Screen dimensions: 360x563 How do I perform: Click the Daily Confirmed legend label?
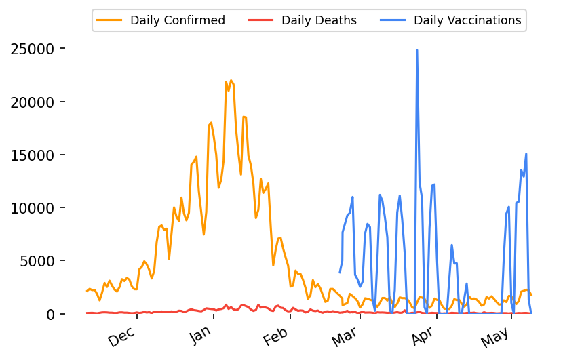pos(178,20)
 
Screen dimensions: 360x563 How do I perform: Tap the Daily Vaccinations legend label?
pos(467,20)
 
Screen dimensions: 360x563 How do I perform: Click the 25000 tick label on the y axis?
pos(37,49)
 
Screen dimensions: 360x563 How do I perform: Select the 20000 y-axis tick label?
pos(37,102)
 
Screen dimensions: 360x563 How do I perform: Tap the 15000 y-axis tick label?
pos(37,155)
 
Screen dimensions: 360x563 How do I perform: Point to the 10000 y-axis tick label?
pos(37,208)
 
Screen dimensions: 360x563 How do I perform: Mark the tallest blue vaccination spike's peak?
pos(416,50)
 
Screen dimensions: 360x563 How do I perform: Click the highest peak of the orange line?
pos(231,81)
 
